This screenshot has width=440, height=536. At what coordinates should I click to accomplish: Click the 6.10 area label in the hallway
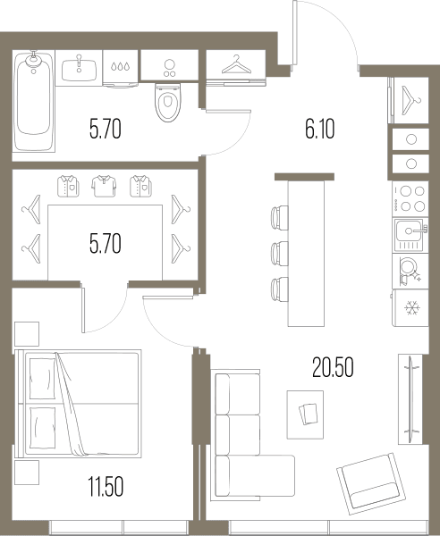pos(320,130)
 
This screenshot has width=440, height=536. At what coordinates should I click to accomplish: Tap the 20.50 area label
pos(333,367)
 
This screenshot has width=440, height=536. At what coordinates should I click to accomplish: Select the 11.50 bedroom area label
pos(106,487)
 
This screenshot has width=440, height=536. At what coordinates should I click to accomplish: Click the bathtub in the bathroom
pos(33,101)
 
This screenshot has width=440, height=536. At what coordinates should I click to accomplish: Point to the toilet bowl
pos(167,102)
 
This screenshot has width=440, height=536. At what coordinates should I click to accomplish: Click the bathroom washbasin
pos(79,68)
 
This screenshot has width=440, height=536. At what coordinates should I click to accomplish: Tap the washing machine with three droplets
pos(121,69)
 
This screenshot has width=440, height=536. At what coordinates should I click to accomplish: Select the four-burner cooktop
pos(410,198)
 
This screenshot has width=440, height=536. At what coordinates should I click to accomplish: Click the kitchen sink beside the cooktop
pos(410,235)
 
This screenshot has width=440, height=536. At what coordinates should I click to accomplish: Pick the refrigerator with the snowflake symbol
pos(410,307)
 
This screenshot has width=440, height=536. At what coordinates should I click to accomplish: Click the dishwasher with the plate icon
pos(410,271)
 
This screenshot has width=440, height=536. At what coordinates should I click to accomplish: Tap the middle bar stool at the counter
pos(280,254)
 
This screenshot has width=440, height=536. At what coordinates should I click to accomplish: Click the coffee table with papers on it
pos(305,415)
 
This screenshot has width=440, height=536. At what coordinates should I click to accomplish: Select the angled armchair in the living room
pos(371,483)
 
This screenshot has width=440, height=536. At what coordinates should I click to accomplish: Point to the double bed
pos(79,404)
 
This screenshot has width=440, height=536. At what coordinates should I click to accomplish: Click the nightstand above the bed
pos(27,333)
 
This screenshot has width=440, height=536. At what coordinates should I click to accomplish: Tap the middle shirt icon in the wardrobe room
pos(104,186)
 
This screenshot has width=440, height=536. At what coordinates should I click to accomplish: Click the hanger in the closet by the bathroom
pos(236,65)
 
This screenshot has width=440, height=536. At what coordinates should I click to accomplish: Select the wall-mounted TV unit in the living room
pos(410,399)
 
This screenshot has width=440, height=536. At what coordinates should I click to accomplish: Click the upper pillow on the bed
pos(42,379)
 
